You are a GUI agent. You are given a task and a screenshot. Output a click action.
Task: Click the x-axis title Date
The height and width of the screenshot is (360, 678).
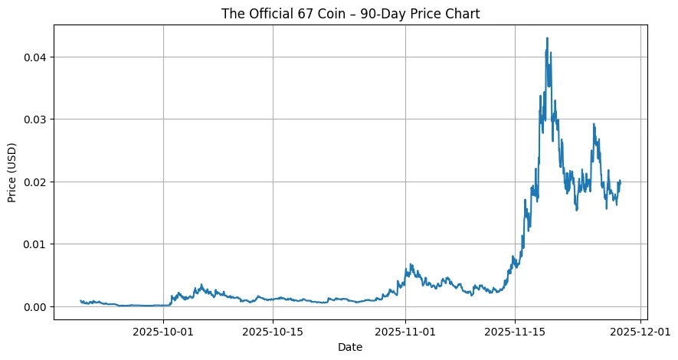pyautogui.click(x=350, y=347)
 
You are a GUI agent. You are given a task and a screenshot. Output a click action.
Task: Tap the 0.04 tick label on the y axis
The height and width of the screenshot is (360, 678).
pyautogui.click(x=34, y=57)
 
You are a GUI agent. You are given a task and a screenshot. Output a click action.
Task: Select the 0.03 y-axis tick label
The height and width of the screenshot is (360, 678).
pyautogui.click(x=34, y=119)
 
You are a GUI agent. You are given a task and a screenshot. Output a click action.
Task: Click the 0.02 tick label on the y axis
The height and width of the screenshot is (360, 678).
pyautogui.click(x=34, y=182)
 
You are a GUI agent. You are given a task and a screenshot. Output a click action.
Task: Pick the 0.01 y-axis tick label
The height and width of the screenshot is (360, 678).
pyautogui.click(x=34, y=244)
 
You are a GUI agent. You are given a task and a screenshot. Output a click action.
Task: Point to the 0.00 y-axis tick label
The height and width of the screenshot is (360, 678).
pyautogui.click(x=34, y=306)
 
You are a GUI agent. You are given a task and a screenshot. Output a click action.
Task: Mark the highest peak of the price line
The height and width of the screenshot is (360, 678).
pyautogui.click(x=547, y=38)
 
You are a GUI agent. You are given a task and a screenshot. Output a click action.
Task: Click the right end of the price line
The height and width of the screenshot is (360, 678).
pyautogui.click(x=620, y=181)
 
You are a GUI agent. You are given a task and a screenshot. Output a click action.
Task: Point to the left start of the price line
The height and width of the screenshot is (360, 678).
pyautogui.click(x=80, y=301)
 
